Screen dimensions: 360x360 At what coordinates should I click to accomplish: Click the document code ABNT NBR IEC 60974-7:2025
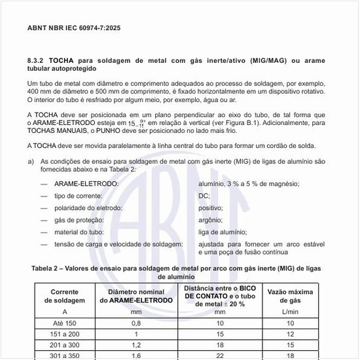pyautogui.click(x=74, y=29)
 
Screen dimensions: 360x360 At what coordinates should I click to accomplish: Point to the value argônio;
pyautogui.click(x=211, y=220)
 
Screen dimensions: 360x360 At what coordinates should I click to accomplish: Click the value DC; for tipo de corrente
pyautogui.click(x=204, y=196)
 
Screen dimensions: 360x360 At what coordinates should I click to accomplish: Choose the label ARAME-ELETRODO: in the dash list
pyautogui.click(x=86, y=184)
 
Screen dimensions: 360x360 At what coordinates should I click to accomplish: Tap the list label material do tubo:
pyautogui.click(x=82, y=232)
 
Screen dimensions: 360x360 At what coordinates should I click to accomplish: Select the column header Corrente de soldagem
pyautogui.click(x=65, y=295)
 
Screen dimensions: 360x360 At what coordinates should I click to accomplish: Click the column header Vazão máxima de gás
pyautogui.click(x=289, y=295)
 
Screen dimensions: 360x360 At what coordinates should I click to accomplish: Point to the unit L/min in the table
pyautogui.click(x=289, y=312)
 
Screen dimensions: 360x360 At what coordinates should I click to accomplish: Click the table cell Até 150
pyautogui.click(x=65, y=323)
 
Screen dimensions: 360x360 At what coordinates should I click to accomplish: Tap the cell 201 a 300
pyautogui.click(x=65, y=344)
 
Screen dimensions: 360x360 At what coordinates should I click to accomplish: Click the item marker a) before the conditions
pyautogui.click(x=31, y=160)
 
